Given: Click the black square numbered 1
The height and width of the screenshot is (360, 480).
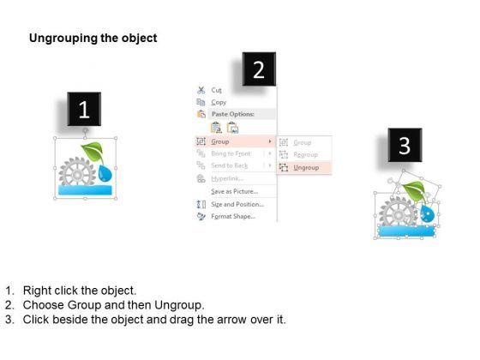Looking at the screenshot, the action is (x=84, y=109).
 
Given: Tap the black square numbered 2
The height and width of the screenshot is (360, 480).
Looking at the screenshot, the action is (x=259, y=69).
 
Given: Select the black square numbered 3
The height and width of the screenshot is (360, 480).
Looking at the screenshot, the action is (x=405, y=145).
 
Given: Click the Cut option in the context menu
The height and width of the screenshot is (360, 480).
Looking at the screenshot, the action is (x=216, y=90).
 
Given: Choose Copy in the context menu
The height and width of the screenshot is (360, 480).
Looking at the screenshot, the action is (x=219, y=102).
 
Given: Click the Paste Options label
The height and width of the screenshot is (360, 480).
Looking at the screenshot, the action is (x=233, y=114).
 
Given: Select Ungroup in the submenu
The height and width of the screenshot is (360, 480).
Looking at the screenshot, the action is (x=306, y=168).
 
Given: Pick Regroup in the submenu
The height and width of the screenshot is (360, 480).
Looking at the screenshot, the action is (x=305, y=154).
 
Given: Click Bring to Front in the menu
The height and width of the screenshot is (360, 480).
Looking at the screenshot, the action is (x=231, y=153).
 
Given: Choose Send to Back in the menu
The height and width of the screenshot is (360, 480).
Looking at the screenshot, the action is (x=230, y=165).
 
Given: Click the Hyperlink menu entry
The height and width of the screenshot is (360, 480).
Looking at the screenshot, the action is (x=227, y=178).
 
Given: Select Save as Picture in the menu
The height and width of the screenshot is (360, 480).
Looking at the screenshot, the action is (x=235, y=191).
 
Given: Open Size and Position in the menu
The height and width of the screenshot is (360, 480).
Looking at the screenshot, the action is (x=237, y=204).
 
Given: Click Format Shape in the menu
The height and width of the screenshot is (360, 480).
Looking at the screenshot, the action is (x=233, y=216).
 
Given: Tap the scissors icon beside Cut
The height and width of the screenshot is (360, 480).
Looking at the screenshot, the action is (x=201, y=90).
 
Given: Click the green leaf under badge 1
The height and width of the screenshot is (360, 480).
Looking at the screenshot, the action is (x=93, y=152).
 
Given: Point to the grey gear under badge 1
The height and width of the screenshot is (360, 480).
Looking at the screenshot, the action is (x=77, y=172).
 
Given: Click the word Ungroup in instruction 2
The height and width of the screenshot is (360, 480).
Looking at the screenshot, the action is (x=178, y=305).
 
